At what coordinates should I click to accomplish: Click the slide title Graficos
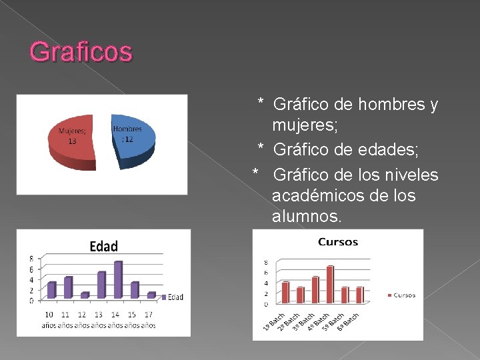pyautogui.click(x=81, y=52)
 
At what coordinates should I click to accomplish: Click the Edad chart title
pyautogui.click(x=103, y=246)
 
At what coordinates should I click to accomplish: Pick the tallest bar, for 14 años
pyautogui.click(x=118, y=280)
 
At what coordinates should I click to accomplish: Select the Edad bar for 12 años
pyautogui.click(x=84, y=295)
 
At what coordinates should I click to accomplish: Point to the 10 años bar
pyautogui.click(x=51, y=290)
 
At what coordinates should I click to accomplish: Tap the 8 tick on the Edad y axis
pyautogui.click(x=31, y=258)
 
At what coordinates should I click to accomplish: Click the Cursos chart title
pyautogui.click(x=338, y=242)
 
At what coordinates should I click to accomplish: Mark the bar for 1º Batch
pyautogui.click(x=285, y=292)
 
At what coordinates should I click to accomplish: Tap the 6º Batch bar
pyautogui.click(x=359, y=295)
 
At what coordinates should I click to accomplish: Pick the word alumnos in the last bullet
pyautogui.click(x=306, y=217)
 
